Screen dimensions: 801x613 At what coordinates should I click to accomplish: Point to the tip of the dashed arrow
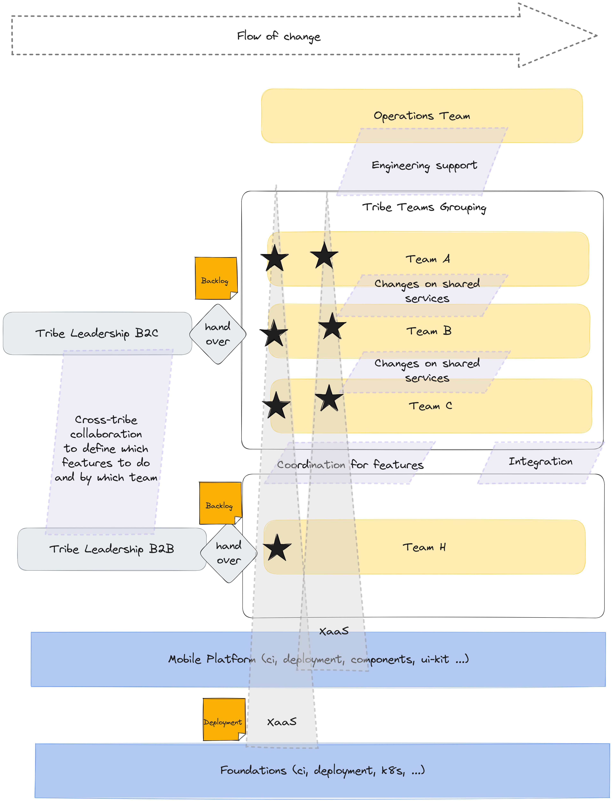click(x=596, y=35)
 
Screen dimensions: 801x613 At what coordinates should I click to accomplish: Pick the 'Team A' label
click(x=428, y=259)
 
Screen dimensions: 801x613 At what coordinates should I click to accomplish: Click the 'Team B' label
click(x=429, y=331)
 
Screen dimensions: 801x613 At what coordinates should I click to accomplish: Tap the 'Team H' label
click(x=424, y=547)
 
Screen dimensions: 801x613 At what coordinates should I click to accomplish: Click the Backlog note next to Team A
click(x=216, y=278)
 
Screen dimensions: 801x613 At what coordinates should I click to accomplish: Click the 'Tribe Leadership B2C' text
click(x=97, y=333)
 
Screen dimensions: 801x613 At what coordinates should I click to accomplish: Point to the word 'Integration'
click(x=540, y=462)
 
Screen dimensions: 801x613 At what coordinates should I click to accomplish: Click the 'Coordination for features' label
click(x=350, y=465)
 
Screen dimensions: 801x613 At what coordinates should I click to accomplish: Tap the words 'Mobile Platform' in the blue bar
click(x=212, y=659)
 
